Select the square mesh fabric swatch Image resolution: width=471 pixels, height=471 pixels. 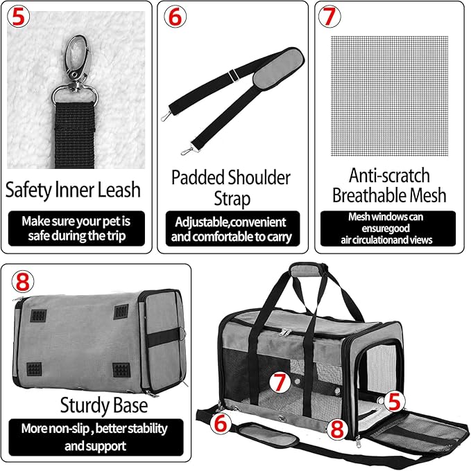click(x=389, y=95)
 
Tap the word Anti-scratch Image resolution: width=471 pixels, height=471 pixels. click(x=389, y=175)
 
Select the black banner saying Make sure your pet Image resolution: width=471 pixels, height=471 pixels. click(x=78, y=229)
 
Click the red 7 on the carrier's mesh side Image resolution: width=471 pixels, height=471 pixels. click(x=278, y=381)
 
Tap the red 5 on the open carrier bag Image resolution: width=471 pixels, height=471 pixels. click(x=395, y=400)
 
